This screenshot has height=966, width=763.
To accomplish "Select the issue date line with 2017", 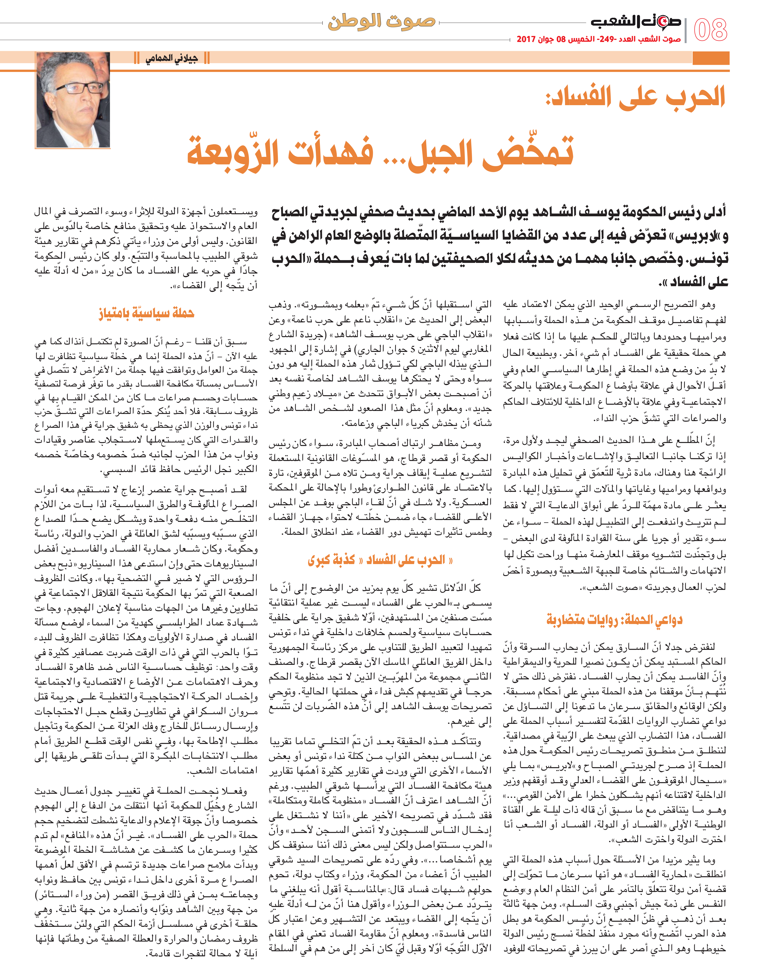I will click(599, 39).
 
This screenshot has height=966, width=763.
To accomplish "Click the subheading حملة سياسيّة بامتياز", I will click(147, 313).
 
